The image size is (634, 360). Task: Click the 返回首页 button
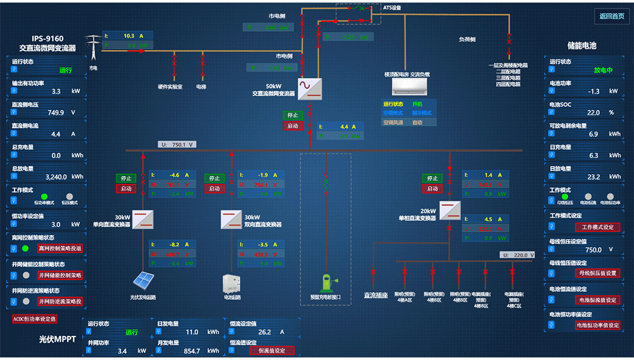pos(612,16)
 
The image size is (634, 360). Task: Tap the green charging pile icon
pos(326,281)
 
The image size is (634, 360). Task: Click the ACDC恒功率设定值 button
pos(35,319)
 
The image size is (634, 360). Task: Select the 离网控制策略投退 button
pos(60,248)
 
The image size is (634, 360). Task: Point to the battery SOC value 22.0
pos(593,113)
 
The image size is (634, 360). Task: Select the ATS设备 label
pos(392,8)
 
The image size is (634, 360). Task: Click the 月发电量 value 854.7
pos(191,350)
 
